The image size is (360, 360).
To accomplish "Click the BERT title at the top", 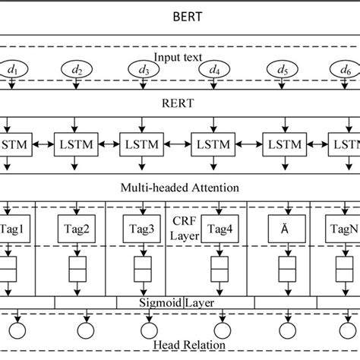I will coord(179,14).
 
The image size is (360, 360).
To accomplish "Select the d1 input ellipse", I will coord(13,70).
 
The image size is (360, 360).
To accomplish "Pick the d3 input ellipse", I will coord(144,70).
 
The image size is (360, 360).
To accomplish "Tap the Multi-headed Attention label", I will coord(179,186).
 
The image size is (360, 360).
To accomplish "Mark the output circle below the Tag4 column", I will coord(220,331).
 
